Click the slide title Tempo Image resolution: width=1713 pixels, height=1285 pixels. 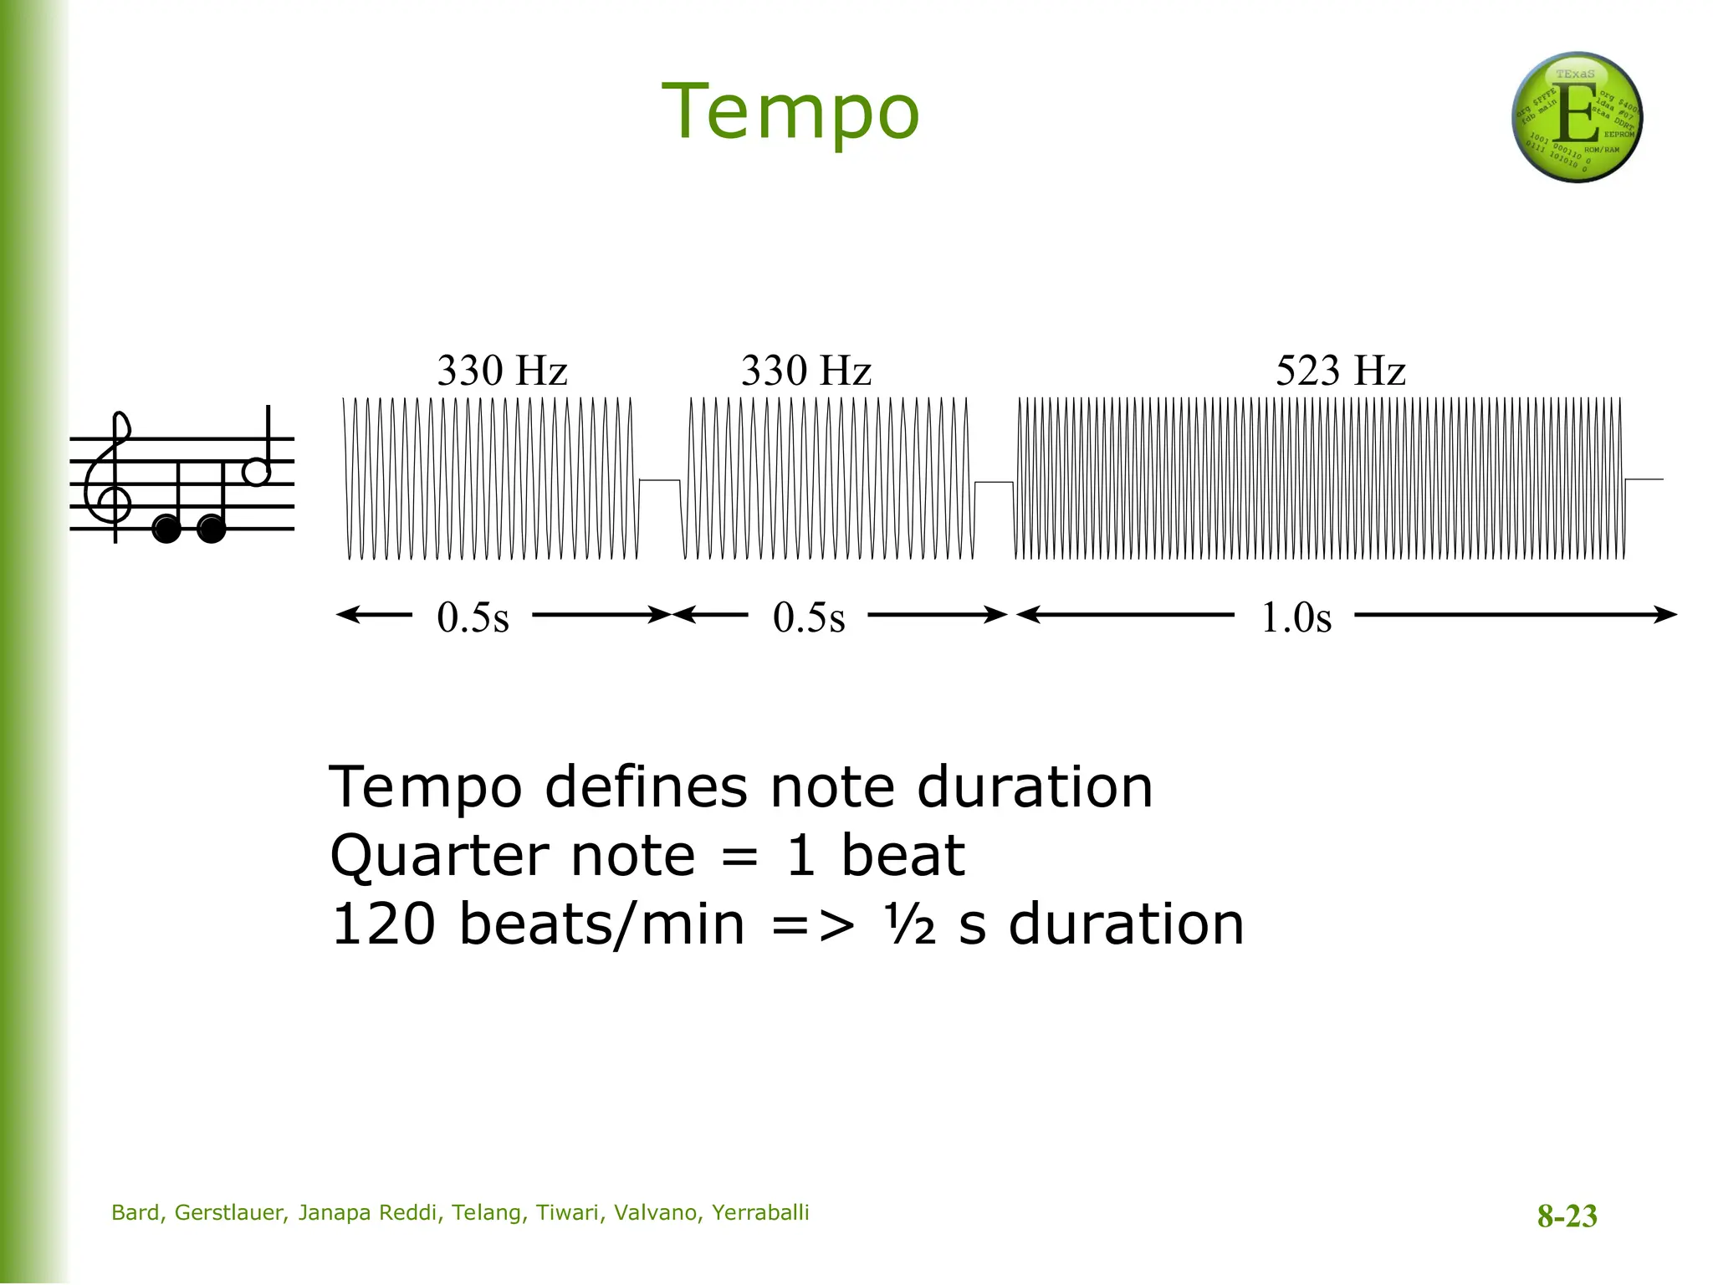tap(790, 112)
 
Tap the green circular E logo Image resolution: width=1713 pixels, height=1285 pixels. tap(1577, 117)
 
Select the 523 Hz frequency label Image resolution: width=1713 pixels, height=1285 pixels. tap(1340, 371)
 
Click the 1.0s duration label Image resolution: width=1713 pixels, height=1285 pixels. tap(1296, 617)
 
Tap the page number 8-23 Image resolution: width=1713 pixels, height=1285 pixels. tap(1567, 1216)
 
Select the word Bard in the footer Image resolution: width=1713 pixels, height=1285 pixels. tap(136, 1213)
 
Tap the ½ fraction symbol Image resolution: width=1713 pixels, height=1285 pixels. tap(909, 925)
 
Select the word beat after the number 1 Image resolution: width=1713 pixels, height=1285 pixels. tap(903, 857)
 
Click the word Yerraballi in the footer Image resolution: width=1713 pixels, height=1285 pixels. tap(760, 1213)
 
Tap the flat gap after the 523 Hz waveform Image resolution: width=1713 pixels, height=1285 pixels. tap(1644, 479)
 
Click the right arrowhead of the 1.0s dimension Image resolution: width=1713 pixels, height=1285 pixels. tap(1668, 615)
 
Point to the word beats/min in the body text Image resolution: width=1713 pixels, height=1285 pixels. tap(601, 925)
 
